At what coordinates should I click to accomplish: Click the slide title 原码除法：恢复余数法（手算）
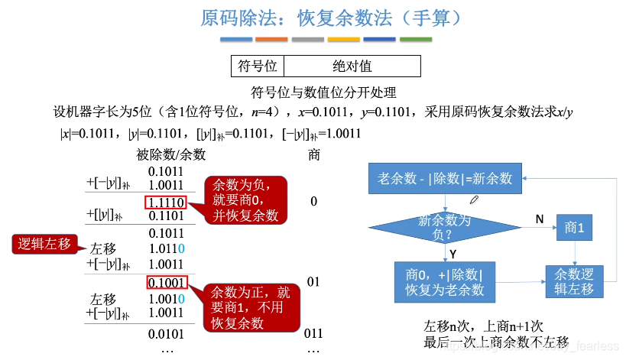point(331,17)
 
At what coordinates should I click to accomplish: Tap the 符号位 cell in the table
point(257,66)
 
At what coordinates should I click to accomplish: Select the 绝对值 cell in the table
point(352,66)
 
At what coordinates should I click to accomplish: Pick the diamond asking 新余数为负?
point(445,226)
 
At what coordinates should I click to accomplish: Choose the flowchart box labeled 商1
point(575,228)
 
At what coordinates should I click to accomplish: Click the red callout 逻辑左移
point(44,245)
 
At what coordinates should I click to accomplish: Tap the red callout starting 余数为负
point(245,200)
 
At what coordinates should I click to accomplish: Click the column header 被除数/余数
point(171,154)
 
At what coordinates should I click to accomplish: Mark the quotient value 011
point(313,334)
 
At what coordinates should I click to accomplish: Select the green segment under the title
point(415,39)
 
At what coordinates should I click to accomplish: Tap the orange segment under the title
point(271,39)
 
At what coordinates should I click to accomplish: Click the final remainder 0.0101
point(165,333)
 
